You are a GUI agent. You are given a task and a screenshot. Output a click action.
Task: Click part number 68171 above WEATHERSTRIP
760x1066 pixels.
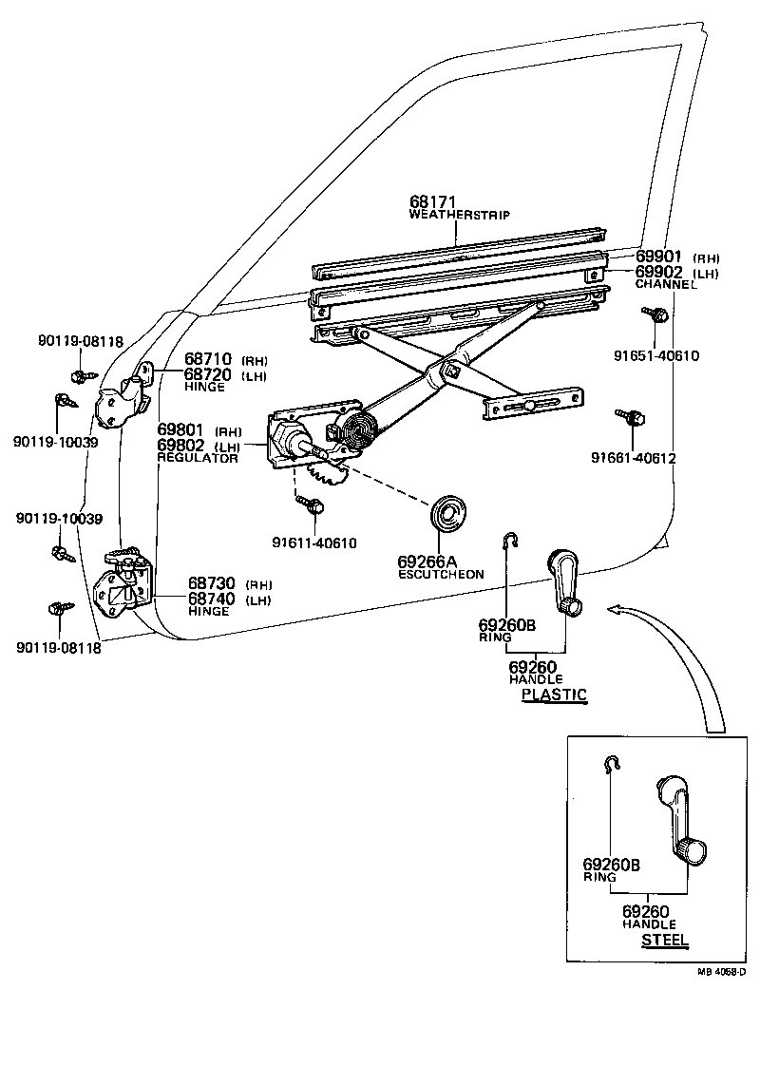click(x=433, y=202)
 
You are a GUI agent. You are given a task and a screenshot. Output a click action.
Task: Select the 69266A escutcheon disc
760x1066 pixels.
click(x=444, y=515)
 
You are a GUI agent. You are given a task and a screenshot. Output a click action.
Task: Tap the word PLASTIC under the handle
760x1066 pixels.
click(x=555, y=695)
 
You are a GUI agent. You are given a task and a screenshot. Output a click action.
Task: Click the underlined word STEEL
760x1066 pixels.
click(x=665, y=941)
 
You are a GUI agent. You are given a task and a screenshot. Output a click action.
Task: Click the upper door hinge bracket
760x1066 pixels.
click(x=124, y=395)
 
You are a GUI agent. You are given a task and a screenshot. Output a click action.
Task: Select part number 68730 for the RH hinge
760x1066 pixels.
click(x=210, y=583)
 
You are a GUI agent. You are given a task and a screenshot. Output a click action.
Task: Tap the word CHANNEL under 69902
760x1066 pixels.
click(x=665, y=284)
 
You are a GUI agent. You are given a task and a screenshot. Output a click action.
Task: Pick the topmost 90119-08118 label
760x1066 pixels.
click(x=81, y=341)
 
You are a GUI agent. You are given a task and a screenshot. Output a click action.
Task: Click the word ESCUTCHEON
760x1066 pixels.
click(x=441, y=574)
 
